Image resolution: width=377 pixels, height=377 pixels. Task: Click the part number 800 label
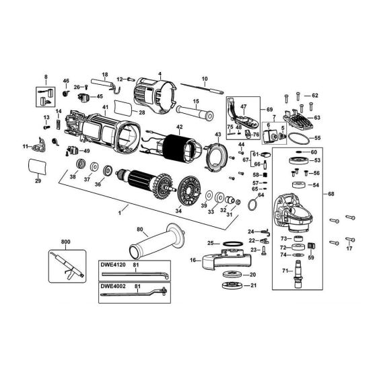click(x=66, y=242)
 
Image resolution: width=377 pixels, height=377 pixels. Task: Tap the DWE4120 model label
click(x=113, y=265)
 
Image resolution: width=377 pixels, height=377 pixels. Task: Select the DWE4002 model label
click(x=113, y=286)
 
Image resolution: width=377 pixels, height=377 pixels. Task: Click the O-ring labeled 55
click(x=298, y=139)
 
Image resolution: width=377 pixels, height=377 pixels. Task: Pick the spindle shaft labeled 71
click(x=298, y=274)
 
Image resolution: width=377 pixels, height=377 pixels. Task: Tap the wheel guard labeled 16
click(x=226, y=259)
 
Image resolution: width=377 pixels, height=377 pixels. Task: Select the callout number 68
click(x=331, y=194)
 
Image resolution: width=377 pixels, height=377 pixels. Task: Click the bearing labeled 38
click(x=81, y=164)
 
